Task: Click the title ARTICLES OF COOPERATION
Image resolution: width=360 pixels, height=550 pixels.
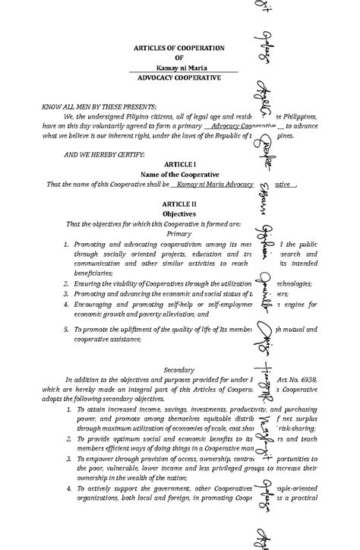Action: pyautogui.click(x=179, y=47)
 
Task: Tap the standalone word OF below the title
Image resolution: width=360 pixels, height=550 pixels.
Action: pyautogui.click(x=179, y=58)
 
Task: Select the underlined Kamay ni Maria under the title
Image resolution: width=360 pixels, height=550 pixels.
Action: pyautogui.click(x=179, y=68)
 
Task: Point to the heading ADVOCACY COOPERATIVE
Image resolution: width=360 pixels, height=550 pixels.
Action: pyautogui.click(x=179, y=78)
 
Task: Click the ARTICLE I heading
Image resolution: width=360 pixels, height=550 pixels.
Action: pyautogui.click(x=179, y=164)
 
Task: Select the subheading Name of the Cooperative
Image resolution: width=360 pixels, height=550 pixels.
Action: pyautogui.click(x=179, y=174)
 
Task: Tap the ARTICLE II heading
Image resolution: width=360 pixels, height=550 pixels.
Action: pyautogui.click(x=179, y=204)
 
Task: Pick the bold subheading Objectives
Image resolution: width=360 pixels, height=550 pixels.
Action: pyautogui.click(x=179, y=214)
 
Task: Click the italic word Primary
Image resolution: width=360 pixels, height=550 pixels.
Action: pyautogui.click(x=179, y=234)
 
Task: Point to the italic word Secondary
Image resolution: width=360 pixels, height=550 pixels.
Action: pyautogui.click(x=179, y=369)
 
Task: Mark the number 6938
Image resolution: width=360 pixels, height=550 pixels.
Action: pyautogui.click(x=302, y=378)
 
